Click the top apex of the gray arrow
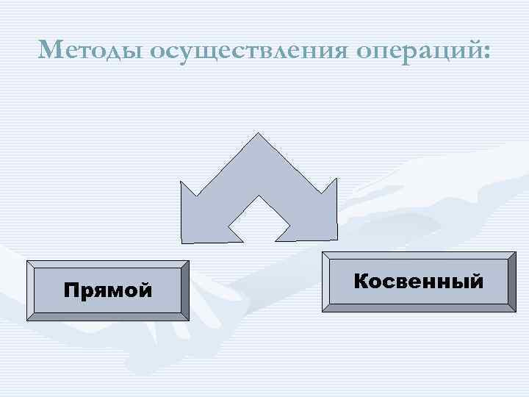[x=258, y=135]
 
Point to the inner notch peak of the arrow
[x=259, y=198]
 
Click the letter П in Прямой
[x=71, y=290]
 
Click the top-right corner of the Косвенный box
[x=515, y=252]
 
